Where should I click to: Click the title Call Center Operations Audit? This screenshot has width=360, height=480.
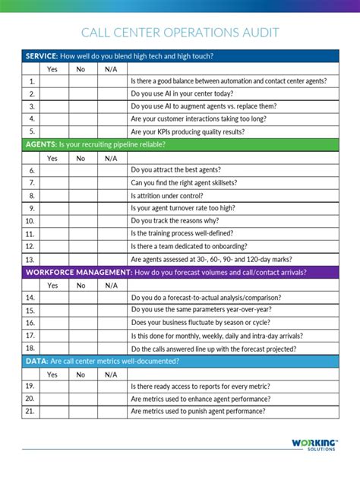point(180,33)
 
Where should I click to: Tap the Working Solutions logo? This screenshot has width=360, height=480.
point(314,444)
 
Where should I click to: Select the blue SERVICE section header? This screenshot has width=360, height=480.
point(180,56)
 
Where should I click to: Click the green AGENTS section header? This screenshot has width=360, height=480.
point(180,145)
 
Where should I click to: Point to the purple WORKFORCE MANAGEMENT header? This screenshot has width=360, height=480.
point(180,272)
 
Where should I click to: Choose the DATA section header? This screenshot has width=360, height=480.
point(180,362)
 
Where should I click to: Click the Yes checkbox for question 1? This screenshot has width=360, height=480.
point(52,81)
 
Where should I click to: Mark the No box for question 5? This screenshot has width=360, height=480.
point(81,131)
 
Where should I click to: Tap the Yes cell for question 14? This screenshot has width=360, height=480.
point(52,298)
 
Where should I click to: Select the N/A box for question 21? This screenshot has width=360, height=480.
point(111,411)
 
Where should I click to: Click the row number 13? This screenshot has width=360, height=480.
point(31,259)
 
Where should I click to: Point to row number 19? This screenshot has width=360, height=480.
point(31,387)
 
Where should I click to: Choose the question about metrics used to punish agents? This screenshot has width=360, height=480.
point(197,411)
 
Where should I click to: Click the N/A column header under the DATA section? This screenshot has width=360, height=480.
point(111,374)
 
